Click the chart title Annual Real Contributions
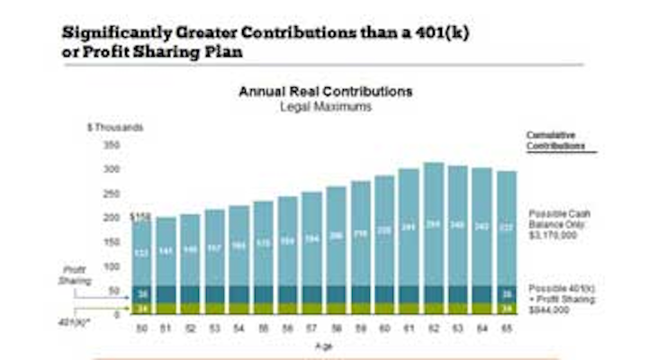click(325, 92)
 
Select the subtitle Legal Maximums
click(325, 107)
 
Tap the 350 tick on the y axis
click(112, 145)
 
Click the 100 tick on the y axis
click(112, 266)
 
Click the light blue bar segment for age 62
click(433, 224)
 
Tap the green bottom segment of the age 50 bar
click(141, 309)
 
